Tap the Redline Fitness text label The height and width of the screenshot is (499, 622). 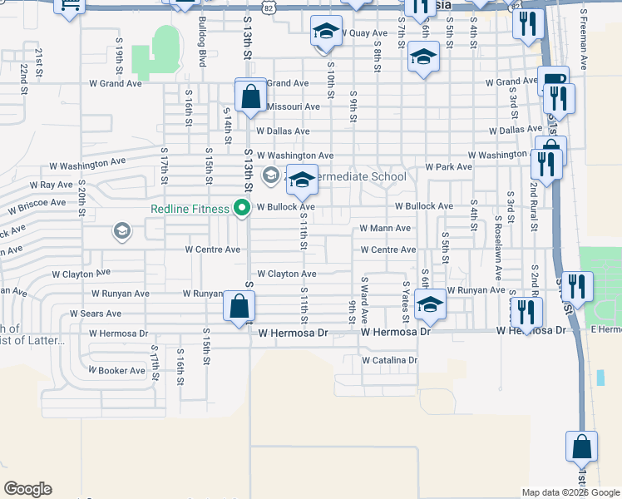click(x=190, y=209)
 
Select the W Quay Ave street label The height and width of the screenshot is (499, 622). click(x=364, y=33)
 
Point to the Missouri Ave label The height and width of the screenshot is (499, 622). click(x=294, y=106)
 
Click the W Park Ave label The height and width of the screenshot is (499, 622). click(x=448, y=167)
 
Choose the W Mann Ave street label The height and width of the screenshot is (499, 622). click(x=385, y=228)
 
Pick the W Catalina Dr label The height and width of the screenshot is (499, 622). click(x=389, y=360)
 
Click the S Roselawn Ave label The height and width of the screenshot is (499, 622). click(x=497, y=249)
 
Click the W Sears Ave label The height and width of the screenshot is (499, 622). click(x=96, y=314)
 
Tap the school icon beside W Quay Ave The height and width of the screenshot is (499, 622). click(x=326, y=32)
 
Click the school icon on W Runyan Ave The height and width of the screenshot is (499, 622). click(x=430, y=305)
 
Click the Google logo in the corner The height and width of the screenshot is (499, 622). click(x=27, y=489)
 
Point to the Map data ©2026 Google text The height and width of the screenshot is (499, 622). click(x=570, y=493)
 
